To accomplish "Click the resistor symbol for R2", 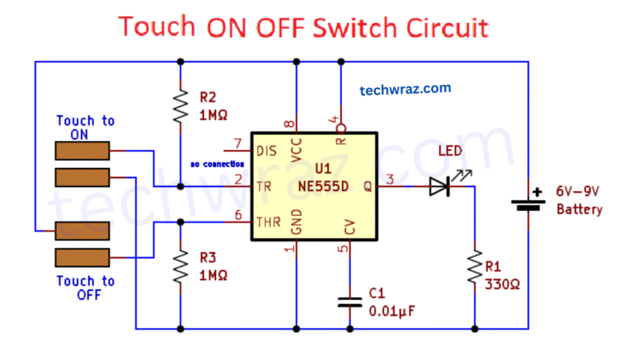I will coord(180,105).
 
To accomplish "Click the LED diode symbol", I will coord(440,187).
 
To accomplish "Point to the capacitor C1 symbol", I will coord(349,302).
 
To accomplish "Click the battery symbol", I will coord(527,201).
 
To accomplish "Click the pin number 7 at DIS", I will coord(238,143).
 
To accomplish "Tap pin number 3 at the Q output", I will coord(390,179).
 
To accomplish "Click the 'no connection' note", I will coord(217,164).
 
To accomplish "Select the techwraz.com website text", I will coord(405,89).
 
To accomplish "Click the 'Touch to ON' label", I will coord(85,128).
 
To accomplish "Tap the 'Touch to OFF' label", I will coord(85,287).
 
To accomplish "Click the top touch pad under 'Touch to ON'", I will coord(82,151).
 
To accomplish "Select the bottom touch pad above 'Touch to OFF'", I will coord(82,257).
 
